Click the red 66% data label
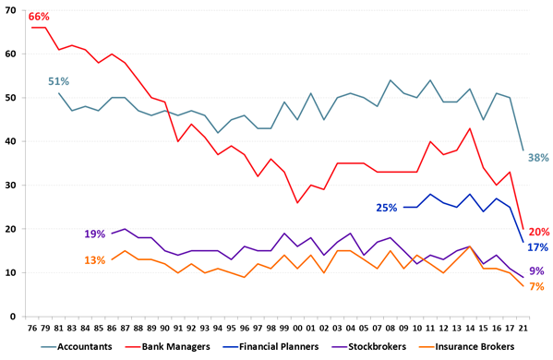tap(39, 17)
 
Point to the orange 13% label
tap(95, 260)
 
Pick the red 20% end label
tap(539, 232)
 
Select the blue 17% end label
tap(539, 247)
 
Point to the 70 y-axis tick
tap(13, 10)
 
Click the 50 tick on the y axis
tap(13, 97)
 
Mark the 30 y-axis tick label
tap(13, 185)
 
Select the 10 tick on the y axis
tap(13, 272)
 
